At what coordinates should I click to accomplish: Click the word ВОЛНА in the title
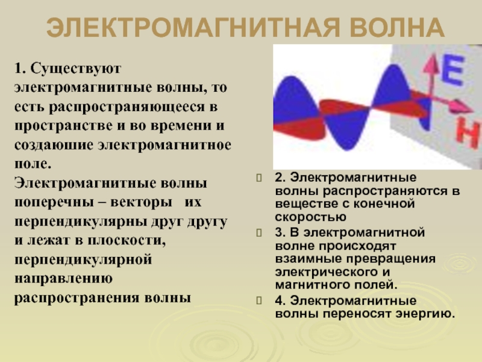click(x=397, y=27)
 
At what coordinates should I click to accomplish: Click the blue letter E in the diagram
click(x=452, y=71)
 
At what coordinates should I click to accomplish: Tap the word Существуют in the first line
click(x=76, y=69)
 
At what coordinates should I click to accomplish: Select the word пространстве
click(x=63, y=126)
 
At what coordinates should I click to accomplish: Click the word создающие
click(x=54, y=145)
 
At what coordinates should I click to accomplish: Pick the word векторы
click(x=141, y=202)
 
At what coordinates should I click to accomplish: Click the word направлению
click(x=63, y=279)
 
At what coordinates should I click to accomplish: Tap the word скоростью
click(x=310, y=217)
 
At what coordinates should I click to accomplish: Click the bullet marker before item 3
click(x=259, y=233)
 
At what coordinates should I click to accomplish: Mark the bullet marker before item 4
click(x=259, y=300)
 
